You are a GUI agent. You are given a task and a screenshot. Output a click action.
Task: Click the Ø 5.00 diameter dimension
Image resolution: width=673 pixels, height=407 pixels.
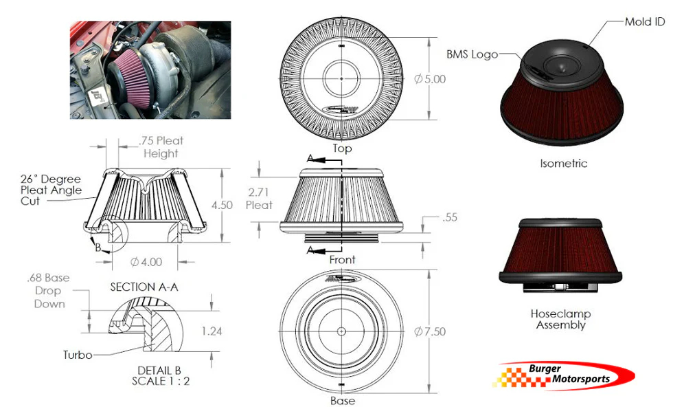point(430,79)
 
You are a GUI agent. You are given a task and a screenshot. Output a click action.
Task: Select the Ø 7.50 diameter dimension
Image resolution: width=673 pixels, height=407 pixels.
point(430,331)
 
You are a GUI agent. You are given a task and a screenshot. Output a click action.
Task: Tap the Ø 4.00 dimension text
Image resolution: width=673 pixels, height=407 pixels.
point(147,262)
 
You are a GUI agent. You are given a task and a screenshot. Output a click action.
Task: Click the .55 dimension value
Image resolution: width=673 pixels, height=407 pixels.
point(450,218)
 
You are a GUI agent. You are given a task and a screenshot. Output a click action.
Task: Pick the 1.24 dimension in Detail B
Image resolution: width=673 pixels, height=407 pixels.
point(213,331)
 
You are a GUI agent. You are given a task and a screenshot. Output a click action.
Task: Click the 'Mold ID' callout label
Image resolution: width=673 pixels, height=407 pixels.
point(644,22)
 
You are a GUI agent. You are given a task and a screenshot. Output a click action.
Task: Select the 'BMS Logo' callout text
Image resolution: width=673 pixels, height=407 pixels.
point(472,54)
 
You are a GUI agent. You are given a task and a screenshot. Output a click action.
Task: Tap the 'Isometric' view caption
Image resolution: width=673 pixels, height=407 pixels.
point(564,164)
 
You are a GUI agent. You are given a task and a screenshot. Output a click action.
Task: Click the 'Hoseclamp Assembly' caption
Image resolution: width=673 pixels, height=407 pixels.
point(560,319)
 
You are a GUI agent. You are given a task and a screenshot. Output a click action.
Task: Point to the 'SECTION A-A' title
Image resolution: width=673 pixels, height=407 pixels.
point(144,287)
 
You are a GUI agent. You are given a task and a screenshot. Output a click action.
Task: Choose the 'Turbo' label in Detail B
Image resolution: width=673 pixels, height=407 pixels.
point(78,355)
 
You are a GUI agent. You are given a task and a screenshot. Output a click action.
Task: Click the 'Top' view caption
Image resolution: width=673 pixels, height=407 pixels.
point(342,148)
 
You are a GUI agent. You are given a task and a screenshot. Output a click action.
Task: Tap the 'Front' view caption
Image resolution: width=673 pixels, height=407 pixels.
point(342,259)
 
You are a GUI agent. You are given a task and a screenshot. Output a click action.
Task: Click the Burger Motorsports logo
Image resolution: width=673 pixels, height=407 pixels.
point(567,375)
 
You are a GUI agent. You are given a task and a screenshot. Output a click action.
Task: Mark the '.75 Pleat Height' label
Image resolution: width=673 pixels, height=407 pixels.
point(161,147)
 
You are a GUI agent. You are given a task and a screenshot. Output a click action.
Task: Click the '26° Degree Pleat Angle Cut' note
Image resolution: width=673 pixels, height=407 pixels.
point(51,190)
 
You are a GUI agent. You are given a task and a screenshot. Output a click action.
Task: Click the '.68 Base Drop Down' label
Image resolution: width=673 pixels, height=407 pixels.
point(48,291)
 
